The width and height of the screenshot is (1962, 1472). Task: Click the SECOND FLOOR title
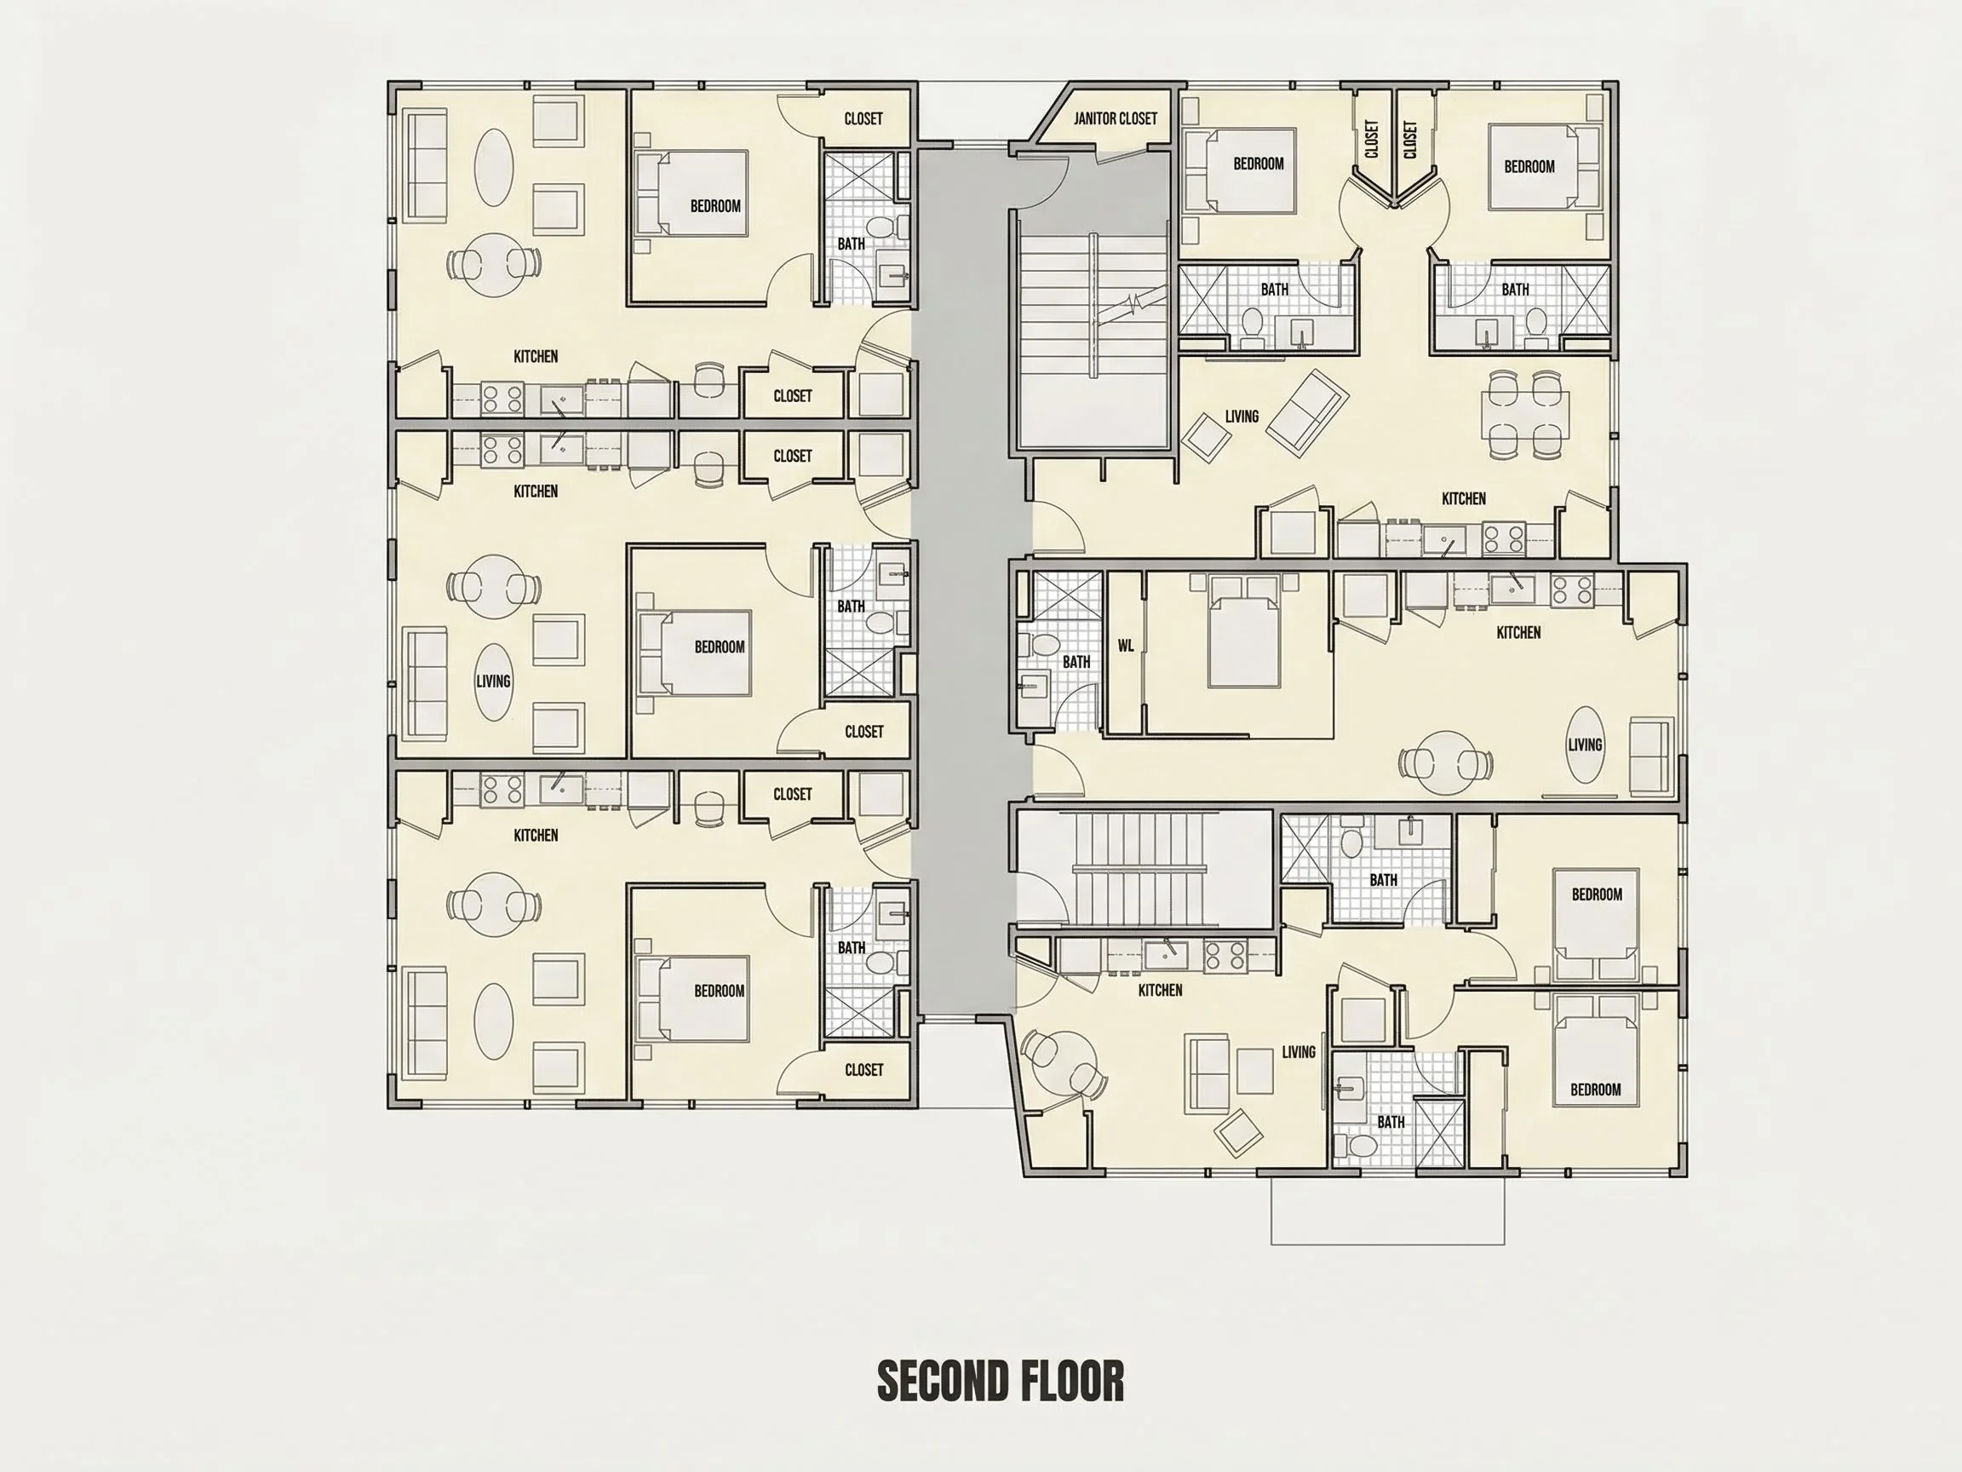click(1001, 1383)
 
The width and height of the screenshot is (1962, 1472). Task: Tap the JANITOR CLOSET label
click(1115, 118)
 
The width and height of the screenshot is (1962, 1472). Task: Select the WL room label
click(1126, 646)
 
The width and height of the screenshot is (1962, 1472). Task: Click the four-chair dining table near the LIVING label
click(1524, 415)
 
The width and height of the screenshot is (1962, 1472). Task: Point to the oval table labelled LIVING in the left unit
click(493, 681)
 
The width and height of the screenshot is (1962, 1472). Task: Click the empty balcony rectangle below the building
click(1387, 1210)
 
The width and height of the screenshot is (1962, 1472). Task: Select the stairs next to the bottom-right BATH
click(1144, 869)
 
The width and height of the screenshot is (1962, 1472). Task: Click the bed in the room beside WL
click(1242, 633)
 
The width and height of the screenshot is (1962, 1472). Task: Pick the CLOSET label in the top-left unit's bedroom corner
click(863, 118)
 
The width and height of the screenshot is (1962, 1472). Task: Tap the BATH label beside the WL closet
click(1076, 662)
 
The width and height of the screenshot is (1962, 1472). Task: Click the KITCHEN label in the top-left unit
click(536, 357)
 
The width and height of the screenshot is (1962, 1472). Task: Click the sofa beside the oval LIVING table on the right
click(1649, 756)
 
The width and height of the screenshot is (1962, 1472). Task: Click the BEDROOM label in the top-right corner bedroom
click(1529, 166)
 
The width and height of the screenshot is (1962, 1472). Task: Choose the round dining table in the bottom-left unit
click(495, 905)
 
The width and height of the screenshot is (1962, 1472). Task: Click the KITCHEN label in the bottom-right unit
click(1160, 990)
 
